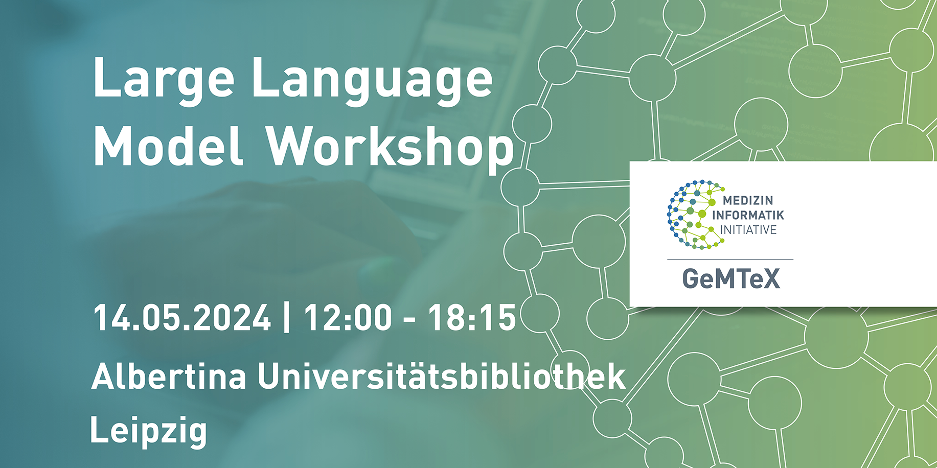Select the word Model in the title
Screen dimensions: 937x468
(x=168, y=146)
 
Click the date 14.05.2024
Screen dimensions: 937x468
(x=182, y=318)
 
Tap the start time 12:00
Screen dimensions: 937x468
(x=348, y=318)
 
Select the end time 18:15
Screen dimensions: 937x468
(x=472, y=318)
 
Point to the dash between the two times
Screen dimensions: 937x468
(x=409, y=320)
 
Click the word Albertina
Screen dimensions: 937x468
(x=169, y=377)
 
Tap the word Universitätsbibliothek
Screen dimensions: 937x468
(x=442, y=377)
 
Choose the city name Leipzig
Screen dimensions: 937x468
(x=149, y=431)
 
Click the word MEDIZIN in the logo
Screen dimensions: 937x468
(x=748, y=201)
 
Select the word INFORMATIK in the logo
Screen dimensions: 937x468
(x=748, y=215)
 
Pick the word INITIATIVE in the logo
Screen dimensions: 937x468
(x=748, y=230)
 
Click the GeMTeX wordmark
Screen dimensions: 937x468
(x=732, y=279)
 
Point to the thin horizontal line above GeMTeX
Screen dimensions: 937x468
(x=730, y=260)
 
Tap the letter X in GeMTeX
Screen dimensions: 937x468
(x=771, y=279)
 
